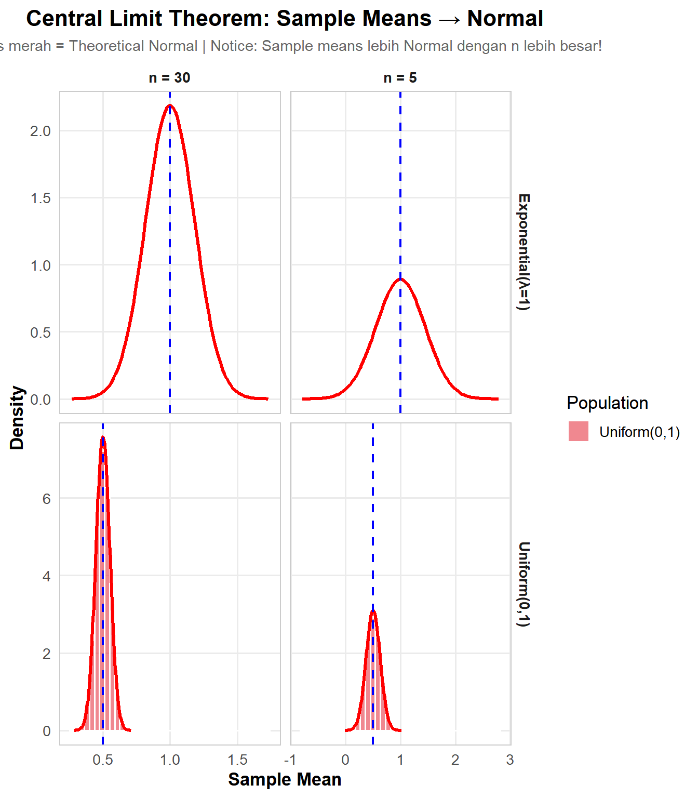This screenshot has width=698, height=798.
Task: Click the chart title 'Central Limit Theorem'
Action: tap(285, 19)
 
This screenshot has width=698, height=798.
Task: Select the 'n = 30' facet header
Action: tap(169, 78)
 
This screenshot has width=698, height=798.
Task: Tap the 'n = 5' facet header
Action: tap(400, 78)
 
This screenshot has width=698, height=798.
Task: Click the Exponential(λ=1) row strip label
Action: tap(523, 252)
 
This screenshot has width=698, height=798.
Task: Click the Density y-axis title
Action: tap(17, 417)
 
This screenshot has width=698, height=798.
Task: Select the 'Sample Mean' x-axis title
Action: tap(285, 779)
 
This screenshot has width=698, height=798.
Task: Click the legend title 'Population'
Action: tap(607, 403)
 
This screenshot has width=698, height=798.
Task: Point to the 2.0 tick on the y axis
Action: tap(41, 131)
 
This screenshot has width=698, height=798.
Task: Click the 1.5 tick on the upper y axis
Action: tap(41, 198)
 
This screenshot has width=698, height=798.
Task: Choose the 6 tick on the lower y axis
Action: tap(47, 499)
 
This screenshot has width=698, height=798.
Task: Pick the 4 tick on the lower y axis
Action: tap(47, 576)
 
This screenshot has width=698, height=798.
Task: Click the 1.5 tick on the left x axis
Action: tap(237, 760)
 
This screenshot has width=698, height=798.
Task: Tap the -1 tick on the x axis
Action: tap(290, 760)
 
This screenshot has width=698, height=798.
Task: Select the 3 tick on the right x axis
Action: tap(510, 760)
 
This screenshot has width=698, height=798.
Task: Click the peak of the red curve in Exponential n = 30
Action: tap(170, 105)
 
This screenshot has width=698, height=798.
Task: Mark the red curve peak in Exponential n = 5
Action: tap(400, 280)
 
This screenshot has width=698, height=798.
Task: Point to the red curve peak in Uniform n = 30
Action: tap(103, 437)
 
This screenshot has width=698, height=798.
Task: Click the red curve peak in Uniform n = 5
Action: tap(373, 611)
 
